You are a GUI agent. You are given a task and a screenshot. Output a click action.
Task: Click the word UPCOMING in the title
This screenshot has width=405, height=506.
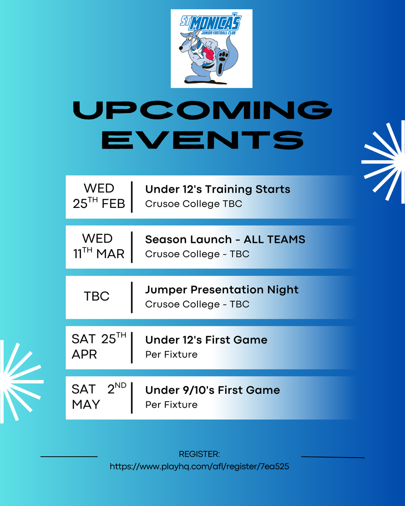pos(202,110)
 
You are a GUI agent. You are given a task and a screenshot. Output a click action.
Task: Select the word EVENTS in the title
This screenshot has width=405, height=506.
pos(202,140)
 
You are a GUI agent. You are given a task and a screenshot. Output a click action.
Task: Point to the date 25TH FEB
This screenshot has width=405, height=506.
pos(99,203)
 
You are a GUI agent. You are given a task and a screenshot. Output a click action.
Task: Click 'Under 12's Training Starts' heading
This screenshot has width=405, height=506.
pos(218,189)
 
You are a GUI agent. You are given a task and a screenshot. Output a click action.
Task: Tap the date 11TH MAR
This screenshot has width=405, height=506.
pos(99,253)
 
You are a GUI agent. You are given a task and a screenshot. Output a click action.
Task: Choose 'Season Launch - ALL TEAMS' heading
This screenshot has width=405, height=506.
pos(225,240)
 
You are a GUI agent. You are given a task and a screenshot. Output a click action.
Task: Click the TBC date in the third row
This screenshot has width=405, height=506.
pos(97,296)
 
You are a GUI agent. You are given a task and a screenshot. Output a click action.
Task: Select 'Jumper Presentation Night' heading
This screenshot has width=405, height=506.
pos(221,290)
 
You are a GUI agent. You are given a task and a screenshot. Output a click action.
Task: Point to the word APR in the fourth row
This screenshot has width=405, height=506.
pos(84,354)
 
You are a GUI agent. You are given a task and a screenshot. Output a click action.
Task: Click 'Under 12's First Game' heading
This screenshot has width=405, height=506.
pos(206,340)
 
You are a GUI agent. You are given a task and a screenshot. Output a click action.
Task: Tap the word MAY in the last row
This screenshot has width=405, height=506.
pos(86,404)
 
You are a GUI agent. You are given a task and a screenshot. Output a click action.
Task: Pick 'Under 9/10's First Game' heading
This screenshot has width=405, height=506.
pos(213,390)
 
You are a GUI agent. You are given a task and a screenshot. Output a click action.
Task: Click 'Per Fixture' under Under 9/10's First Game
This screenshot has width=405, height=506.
pos(171,405)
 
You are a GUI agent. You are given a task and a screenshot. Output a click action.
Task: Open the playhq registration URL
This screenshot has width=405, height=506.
pos(199,466)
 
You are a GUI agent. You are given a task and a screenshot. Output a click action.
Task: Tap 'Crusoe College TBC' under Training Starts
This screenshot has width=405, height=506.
pos(194,204)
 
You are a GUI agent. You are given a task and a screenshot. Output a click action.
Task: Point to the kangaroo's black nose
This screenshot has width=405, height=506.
pos(181,48)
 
